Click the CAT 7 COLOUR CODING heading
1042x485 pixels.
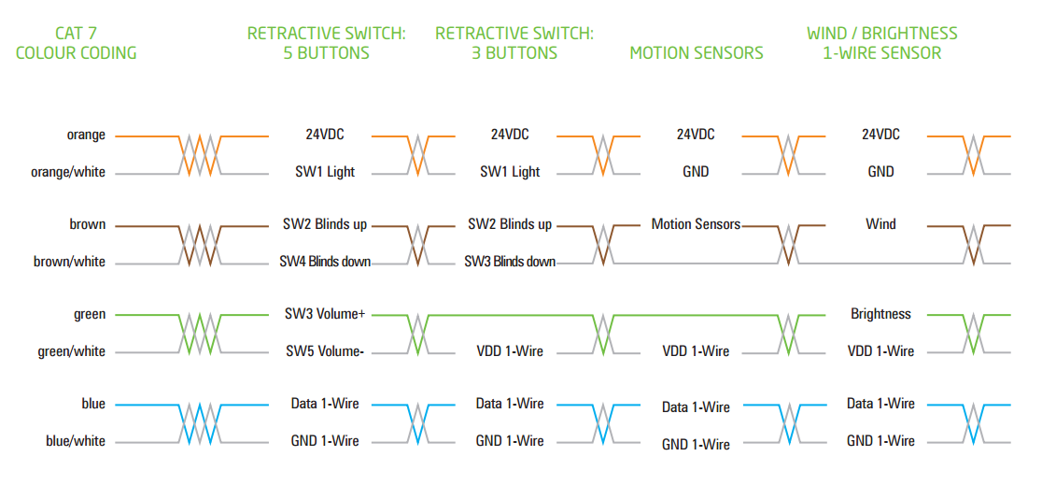click(77, 43)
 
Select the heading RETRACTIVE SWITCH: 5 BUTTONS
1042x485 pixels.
click(326, 43)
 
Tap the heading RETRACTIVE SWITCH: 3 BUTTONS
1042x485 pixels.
click(514, 43)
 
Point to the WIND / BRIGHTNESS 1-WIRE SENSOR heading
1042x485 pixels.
click(881, 43)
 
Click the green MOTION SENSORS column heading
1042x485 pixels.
click(696, 53)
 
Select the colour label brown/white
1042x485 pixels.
click(70, 262)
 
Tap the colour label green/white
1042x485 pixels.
click(72, 351)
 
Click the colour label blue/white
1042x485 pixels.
click(76, 441)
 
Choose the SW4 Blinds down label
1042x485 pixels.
click(325, 262)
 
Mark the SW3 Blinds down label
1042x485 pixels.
click(510, 262)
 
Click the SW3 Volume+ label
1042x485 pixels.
click(325, 314)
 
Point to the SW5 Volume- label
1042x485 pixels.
click(325, 351)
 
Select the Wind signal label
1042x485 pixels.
click(880, 224)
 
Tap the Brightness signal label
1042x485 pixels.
click(880, 314)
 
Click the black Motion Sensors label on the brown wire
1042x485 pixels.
click(696, 224)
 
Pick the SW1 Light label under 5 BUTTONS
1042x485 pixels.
click(325, 172)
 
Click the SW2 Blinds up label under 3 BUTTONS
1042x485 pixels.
click(510, 224)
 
